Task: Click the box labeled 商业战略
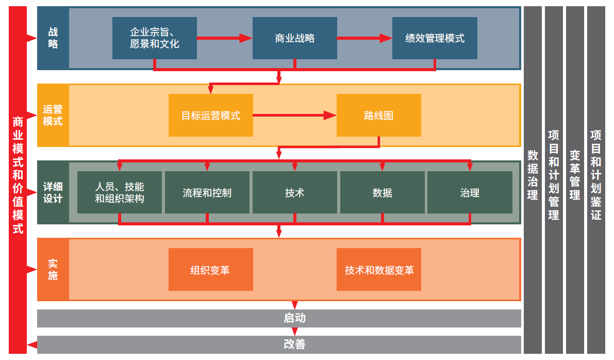click(294, 38)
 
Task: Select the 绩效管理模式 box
click(435, 38)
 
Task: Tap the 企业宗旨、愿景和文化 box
click(155, 38)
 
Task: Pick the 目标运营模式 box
click(211, 115)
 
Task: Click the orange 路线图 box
click(379, 115)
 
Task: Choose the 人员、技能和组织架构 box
click(120, 192)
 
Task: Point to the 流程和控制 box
click(207, 192)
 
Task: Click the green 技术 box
click(294, 192)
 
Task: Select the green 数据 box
click(382, 192)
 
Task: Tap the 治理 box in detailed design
click(470, 192)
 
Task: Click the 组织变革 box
click(211, 270)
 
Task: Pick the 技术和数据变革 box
click(379, 270)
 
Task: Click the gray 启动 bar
click(279, 318)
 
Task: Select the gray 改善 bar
click(279, 345)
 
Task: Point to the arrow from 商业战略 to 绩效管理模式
click(364, 38)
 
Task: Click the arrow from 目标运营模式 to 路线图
click(295, 115)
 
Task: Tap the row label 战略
click(53, 38)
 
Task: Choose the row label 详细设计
click(53, 192)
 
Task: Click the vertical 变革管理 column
click(574, 180)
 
